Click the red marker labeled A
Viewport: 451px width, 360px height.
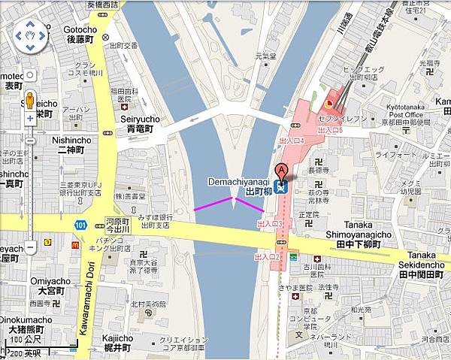tap(282, 171)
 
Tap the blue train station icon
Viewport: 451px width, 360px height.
tap(281, 188)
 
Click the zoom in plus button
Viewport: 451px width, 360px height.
tap(29, 75)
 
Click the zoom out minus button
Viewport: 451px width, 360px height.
tap(29, 247)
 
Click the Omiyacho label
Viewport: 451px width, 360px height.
tap(50, 286)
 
